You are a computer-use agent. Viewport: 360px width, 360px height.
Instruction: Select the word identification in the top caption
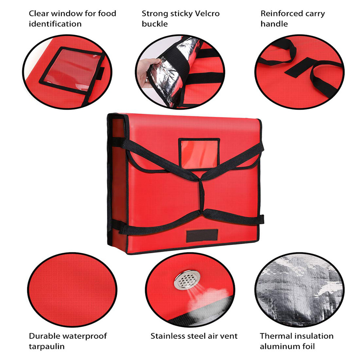click(x=55, y=24)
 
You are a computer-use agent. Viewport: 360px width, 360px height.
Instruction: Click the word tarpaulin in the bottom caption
click(x=46, y=346)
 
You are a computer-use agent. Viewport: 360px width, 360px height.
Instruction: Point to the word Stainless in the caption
click(x=167, y=336)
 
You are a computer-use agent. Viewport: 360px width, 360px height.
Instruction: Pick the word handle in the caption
click(x=274, y=24)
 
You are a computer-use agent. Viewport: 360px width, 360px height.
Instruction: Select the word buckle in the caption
click(x=155, y=24)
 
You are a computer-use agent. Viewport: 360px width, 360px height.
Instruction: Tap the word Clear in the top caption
click(x=39, y=13)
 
